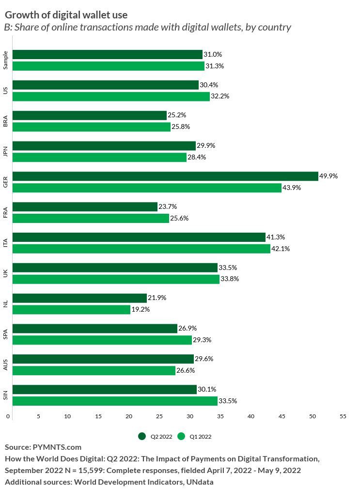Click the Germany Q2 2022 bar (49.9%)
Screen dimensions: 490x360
pos(165,176)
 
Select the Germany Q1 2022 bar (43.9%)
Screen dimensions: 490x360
pos(146,188)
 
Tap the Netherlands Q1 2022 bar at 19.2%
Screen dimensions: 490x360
pos(71,309)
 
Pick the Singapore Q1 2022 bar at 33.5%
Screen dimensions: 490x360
pos(115,401)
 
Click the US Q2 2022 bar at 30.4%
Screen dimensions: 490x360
pos(105,85)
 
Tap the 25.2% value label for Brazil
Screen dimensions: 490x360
pos(177,115)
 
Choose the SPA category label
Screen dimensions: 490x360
pos(5,334)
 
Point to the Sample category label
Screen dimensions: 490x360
pos(5,60)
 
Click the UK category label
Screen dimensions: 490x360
pos(5,273)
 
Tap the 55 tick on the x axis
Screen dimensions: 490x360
pos(343,416)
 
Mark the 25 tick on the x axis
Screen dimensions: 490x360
pos(159,416)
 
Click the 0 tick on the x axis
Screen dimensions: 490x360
pos(8,416)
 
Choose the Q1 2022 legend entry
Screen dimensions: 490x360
pos(196,436)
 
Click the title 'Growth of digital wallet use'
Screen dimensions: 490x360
pos(66,15)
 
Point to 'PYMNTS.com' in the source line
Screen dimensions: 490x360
pos(57,447)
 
